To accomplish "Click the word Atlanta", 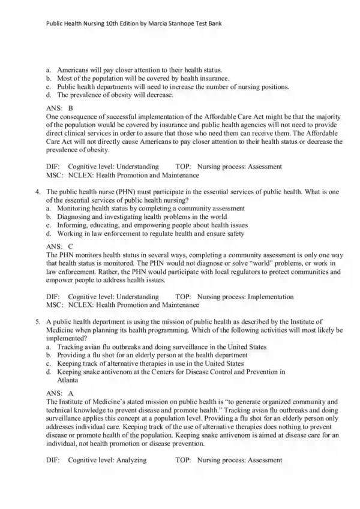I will pyautogui.click(x=68, y=380).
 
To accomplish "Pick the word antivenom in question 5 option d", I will pyautogui.click(x=115, y=372).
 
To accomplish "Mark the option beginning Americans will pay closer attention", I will pyautogui.click(x=139, y=70).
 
